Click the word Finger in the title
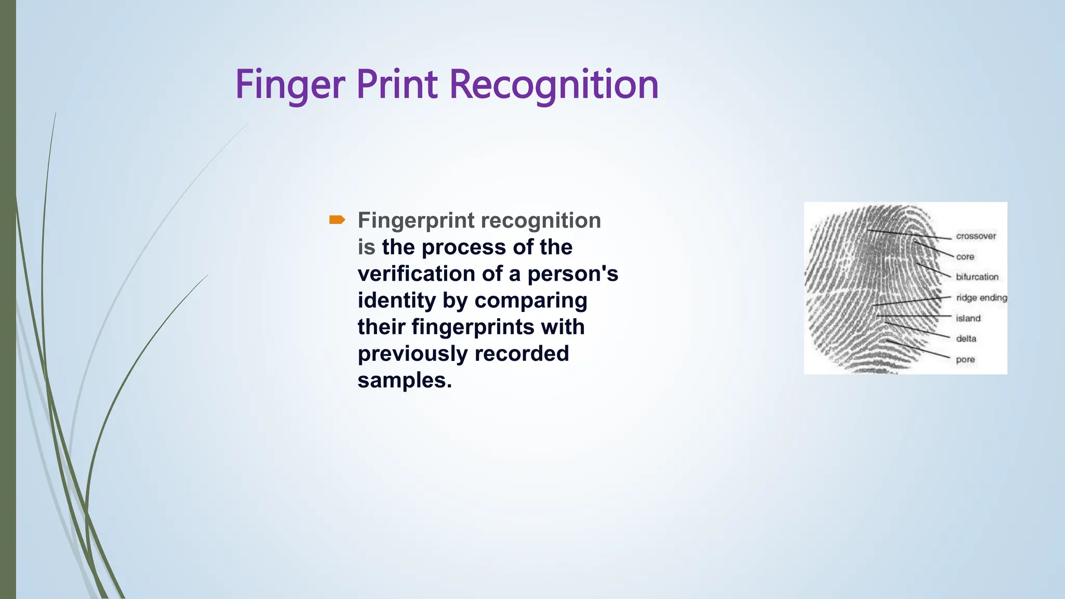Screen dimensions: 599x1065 (290, 85)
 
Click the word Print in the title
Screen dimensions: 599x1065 (397, 85)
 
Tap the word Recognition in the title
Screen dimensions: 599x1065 (554, 85)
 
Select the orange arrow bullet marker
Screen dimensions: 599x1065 (337, 220)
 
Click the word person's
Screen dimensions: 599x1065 (573, 274)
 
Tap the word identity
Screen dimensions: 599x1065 (396, 301)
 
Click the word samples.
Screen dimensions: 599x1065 (404, 381)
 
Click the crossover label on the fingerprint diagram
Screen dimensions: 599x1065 (976, 236)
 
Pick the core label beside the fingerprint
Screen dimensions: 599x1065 (965, 257)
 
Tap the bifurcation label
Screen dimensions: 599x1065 (977, 277)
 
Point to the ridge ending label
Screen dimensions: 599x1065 (981, 298)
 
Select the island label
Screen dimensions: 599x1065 (968, 318)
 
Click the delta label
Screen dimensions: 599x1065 (966, 339)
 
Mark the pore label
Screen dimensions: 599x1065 (965, 360)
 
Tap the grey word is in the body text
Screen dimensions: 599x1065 (366, 248)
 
